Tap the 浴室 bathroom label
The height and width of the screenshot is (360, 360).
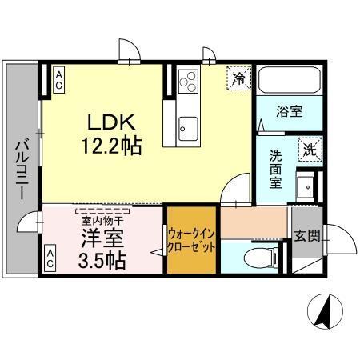[290, 111]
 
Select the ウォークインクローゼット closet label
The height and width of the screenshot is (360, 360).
[191, 239]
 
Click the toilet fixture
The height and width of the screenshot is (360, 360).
[254, 258]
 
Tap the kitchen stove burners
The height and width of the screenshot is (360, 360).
[189, 81]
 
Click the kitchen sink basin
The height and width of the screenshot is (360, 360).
[189, 125]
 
